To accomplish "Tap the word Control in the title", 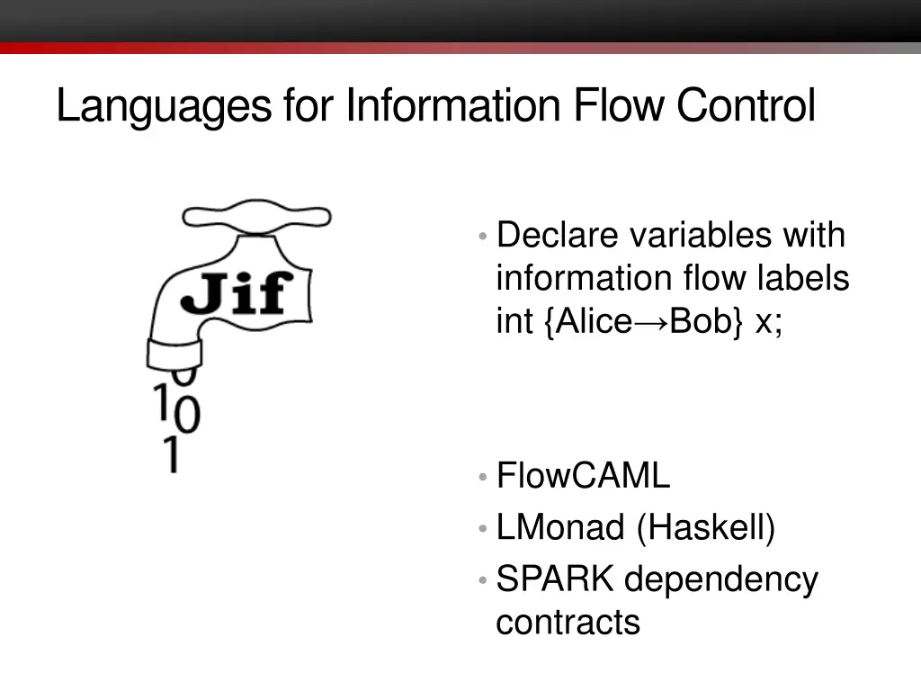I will (746, 105).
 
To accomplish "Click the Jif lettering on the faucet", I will (237, 294).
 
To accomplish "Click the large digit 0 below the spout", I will (187, 416).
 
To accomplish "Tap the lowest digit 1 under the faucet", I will (169, 454).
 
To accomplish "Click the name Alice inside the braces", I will (595, 322).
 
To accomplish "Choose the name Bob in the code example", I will (700, 322).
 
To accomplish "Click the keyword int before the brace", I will (514, 322).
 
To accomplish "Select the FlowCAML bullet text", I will (583, 476).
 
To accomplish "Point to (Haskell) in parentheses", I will (706, 527).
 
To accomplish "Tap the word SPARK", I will (555, 579).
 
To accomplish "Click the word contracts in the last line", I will (568, 622).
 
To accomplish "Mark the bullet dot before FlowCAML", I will (484, 477).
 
